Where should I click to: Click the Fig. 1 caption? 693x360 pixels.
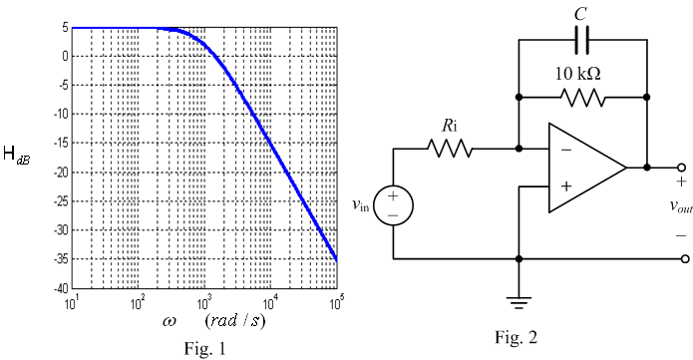click(205, 349)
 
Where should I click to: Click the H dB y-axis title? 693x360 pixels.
click(23, 157)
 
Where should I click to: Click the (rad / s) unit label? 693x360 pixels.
click(235, 321)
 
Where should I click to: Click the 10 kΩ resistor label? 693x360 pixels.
click(583, 73)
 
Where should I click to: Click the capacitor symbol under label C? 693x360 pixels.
click(583, 41)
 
